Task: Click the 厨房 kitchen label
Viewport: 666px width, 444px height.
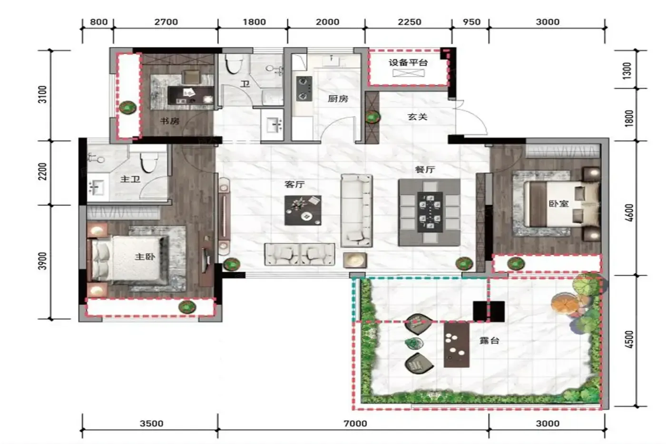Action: [x=338, y=99]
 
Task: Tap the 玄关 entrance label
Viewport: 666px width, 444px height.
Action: [x=418, y=117]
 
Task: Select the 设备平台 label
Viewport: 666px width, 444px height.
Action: [x=408, y=63]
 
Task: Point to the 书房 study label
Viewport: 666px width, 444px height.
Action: [x=170, y=121]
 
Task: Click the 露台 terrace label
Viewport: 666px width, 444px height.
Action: [x=489, y=341]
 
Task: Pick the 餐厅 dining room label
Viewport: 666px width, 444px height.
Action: [x=425, y=169]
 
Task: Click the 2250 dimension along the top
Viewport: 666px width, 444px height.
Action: [x=410, y=22]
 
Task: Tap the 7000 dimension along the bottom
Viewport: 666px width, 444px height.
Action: [x=355, y=423]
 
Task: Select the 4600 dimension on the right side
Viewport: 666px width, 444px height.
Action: [x=629, y=213]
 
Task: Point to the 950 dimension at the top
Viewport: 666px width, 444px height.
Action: [x=471, y=22]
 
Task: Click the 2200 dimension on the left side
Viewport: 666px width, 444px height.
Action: [x=43, y=172]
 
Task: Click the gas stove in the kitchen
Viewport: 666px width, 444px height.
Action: [x=304, y=89]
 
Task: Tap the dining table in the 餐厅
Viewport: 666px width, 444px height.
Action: [x=430, y=211]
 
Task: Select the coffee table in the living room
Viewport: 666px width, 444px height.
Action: [x=303, y=210]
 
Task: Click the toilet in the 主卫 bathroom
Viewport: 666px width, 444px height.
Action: [x=149, y=162]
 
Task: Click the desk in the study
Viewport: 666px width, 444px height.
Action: [x=191, y=95]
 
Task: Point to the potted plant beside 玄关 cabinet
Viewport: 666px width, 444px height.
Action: [x=372, y=118]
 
